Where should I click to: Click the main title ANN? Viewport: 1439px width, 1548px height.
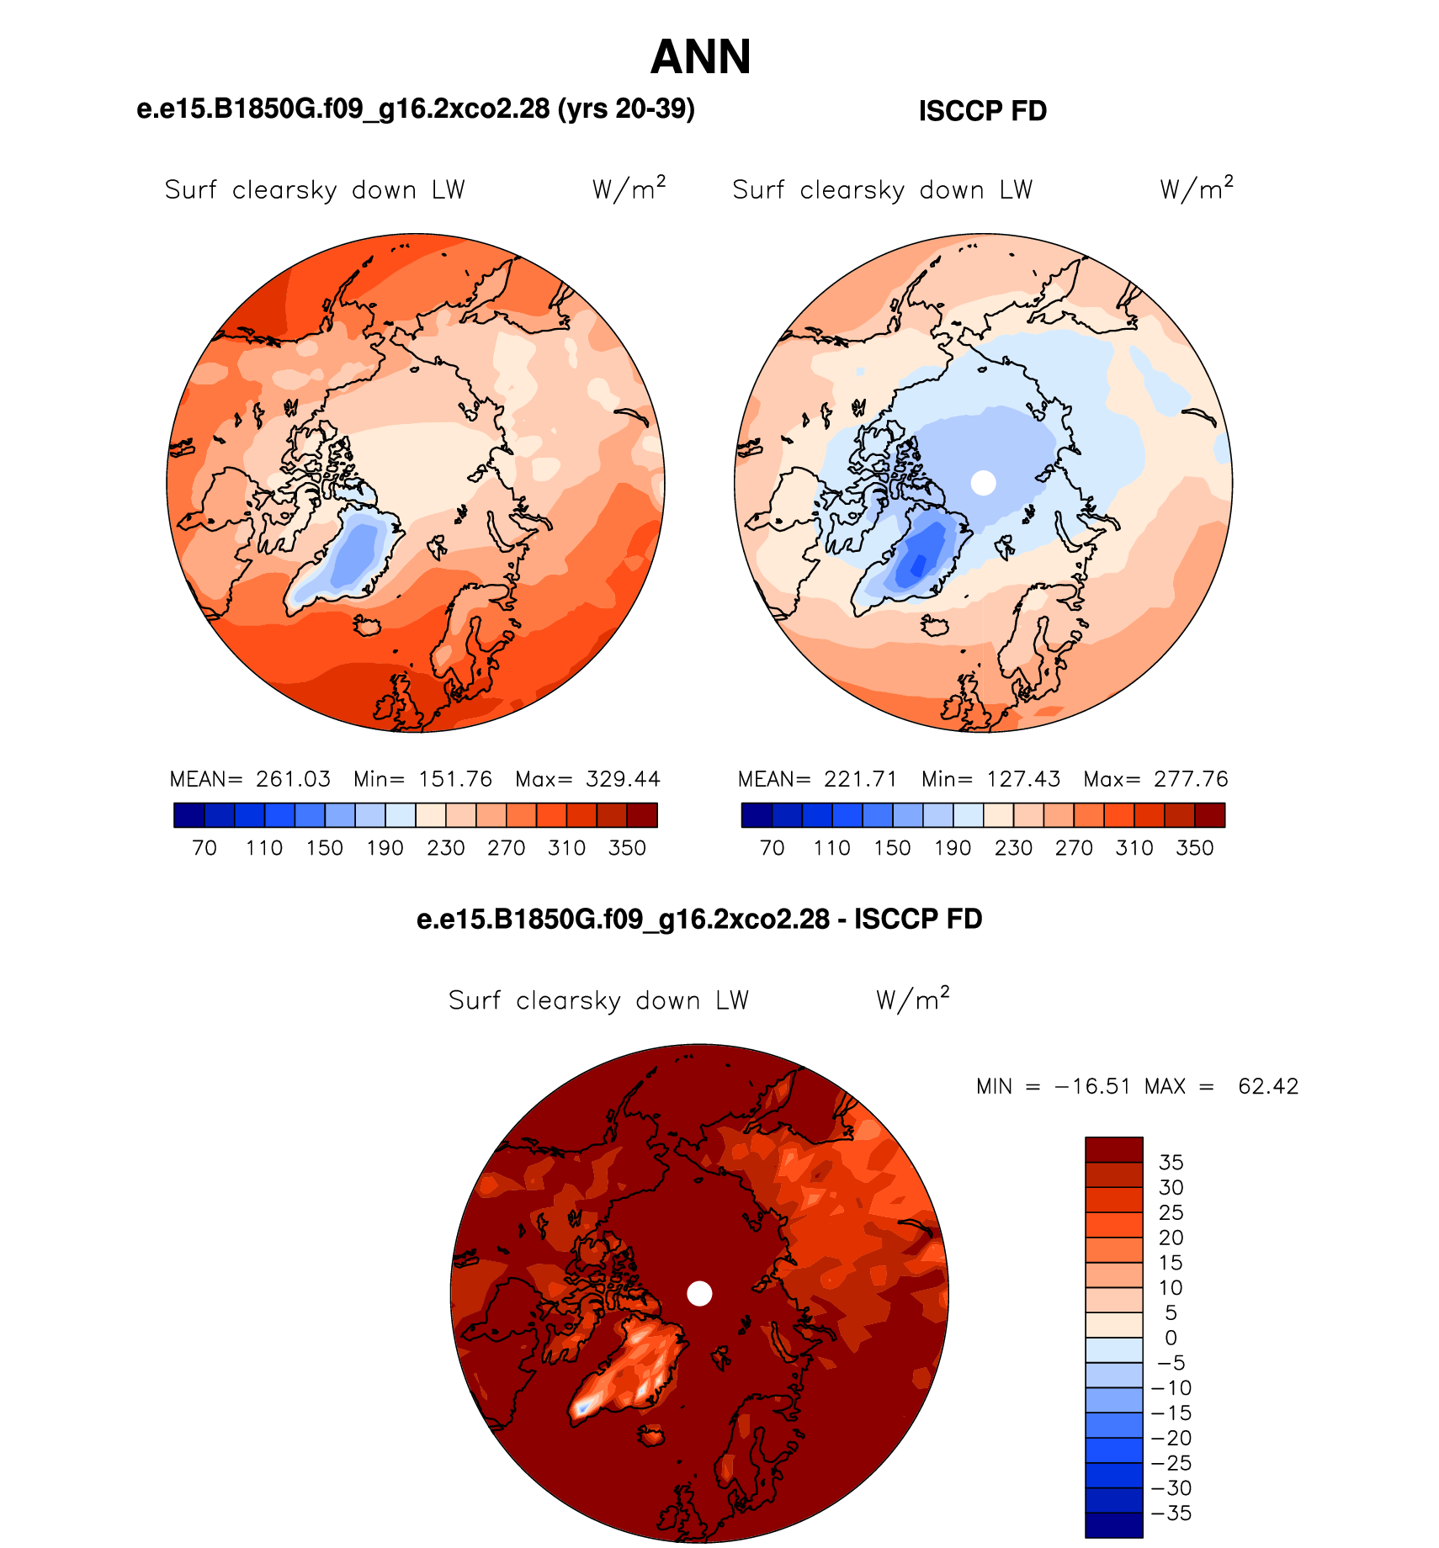(x=700, y=57)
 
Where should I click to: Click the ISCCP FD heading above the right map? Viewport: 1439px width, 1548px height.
(x=982, y=111)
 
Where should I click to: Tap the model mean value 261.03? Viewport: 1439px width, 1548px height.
(x=293, y=779)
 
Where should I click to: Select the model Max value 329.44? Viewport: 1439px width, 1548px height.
(x=623, y=779)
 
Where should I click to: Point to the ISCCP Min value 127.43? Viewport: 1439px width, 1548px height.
(x=1023, y=779)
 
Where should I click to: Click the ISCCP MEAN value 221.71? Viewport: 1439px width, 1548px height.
(x=861, y=779)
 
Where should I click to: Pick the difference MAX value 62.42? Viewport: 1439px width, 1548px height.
(x=1268, y=1086)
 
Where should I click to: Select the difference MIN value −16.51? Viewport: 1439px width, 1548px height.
(x=1092, y=1086)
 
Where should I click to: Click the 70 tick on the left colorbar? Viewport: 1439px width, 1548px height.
(x=204, y=848)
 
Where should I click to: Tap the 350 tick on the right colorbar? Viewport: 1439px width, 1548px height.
(x=1194, y=848)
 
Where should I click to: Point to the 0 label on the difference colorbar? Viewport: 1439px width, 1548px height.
(x=1171, y=1338)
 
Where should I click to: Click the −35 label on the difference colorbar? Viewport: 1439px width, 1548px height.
(x=1171, y=1514)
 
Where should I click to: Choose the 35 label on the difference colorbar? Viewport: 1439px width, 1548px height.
(x=1171, y=1163)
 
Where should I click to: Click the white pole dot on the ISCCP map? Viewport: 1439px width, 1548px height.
(x=983, y=483)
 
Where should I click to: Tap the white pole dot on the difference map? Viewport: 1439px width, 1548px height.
(x=699, y=1293)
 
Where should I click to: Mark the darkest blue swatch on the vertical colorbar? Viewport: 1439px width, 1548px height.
(x=1114, y=1525)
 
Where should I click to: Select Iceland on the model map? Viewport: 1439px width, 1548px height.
(x=368, y=626)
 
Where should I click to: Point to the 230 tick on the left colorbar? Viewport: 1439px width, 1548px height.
(x=446, y=848)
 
